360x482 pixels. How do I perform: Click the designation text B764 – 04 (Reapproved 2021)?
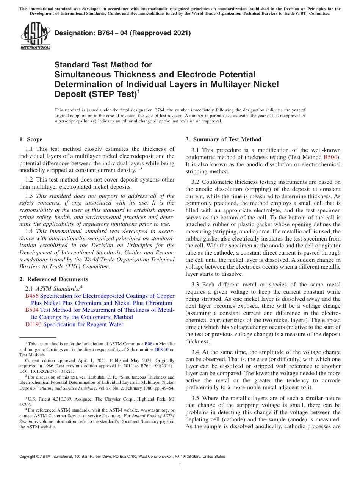click(x=122, y=33)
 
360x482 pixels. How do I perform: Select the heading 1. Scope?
click(x=31, y=139)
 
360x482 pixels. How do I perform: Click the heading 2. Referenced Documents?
click(x=53, y=279)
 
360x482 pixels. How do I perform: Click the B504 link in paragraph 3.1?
click(x=330, y=157)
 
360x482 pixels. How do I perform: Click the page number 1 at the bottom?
click(x=180, y=465)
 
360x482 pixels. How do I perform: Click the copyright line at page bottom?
click(x=122, y=457)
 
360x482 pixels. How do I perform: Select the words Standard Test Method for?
click(x=103, y=65)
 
